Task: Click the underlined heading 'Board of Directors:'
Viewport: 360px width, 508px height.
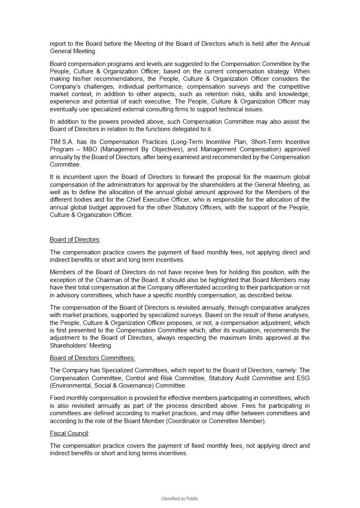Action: (75, 240)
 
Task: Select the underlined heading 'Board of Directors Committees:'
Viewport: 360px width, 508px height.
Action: (92, 358)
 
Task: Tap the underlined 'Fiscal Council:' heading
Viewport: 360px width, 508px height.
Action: (69, 433)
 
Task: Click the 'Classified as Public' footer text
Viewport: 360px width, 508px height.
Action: (180, 499)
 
